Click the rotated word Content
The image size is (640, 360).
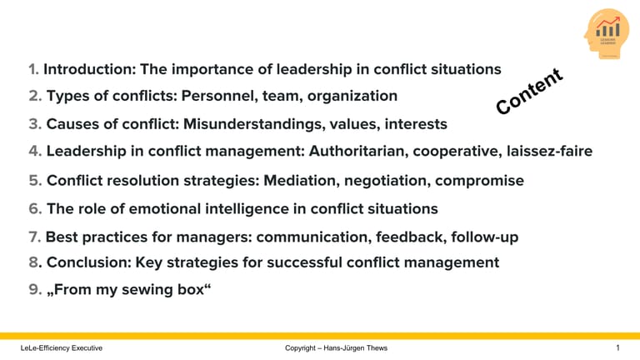530,92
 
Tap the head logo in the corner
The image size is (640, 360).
606,33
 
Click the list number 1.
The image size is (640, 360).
32,69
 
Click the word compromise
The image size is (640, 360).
480,181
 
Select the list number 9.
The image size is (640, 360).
33,292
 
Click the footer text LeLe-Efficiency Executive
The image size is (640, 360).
62,347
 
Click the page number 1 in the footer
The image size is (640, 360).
617,347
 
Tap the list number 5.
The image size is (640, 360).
34,181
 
